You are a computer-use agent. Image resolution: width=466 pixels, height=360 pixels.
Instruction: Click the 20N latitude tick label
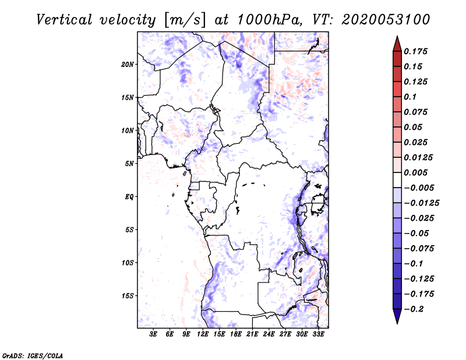pyautogui.click(x=128, y=65)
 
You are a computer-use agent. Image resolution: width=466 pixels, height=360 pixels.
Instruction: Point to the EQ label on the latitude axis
pyautogui.click(x=129, y=197)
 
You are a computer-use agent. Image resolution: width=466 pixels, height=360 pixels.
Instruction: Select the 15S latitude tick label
pyautogui.click(x=128, y=296)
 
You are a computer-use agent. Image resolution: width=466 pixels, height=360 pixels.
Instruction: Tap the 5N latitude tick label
pyautogui.click(x=129, y=164)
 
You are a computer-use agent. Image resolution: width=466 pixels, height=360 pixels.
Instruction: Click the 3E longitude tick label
pyautogui.click(x=153, y=334)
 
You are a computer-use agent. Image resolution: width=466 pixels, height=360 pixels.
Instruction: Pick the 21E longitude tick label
pyautogui.click(x=252, y=334)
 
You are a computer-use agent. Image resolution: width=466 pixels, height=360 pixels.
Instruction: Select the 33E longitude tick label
pyautogui.click(x=318, y=334)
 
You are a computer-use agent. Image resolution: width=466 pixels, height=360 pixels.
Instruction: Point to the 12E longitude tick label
pyautogui.click(x=202, y=334)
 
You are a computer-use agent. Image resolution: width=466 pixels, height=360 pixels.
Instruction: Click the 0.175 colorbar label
pyautogui.click(x=415, y=51)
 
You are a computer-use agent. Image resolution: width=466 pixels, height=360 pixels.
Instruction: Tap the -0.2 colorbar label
pyautogui.click(x=414, y=309)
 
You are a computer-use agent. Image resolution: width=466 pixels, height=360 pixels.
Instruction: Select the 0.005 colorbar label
pyautogui.click(x=415, y=172)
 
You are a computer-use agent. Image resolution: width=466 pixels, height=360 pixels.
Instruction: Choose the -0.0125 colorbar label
pyautogui.click(x=421, y=203)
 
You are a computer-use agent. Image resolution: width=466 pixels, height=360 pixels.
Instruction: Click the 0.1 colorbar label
pyautogui.click(x=410, y=97)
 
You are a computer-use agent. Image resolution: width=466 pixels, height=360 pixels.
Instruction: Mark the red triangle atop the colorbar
pyautogui.click(x=397, y=44)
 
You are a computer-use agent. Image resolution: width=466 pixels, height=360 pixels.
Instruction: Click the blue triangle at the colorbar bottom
pyautogui.click(x=397, y=316)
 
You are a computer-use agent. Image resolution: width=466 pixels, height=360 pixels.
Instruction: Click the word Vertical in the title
pyautogui.click(x=64, y=20)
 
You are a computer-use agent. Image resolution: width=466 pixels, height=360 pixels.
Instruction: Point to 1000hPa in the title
pyautogui.click(x=270, y=20)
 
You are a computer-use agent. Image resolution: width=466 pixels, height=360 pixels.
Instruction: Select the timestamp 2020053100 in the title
pyautogui.click(x=386, y=20)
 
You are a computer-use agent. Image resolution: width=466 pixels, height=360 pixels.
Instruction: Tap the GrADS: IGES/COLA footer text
pyautogui.click(x=33, y=356)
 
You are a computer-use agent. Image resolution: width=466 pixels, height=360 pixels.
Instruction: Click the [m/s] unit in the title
pyautogui.click(x=184, y=20)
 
